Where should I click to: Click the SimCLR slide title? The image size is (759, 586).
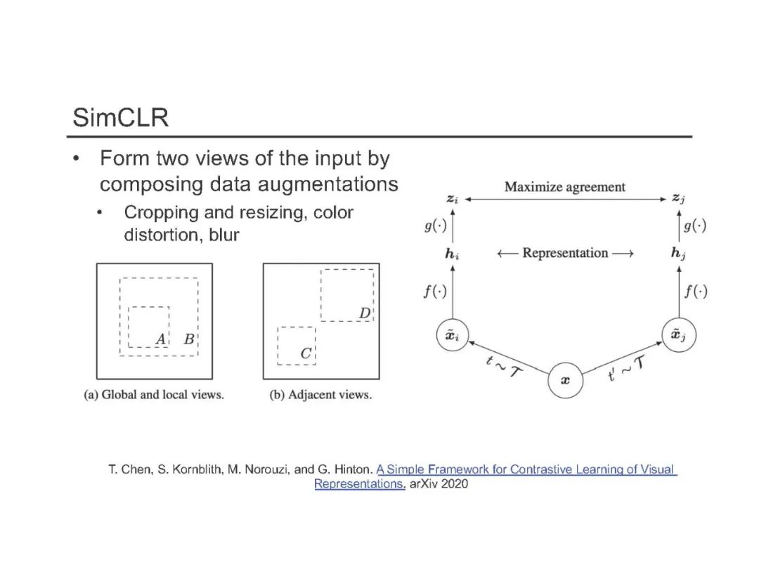(120, 117)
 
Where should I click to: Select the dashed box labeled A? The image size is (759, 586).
(148, 326)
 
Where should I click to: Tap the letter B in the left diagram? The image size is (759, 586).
(188, 339)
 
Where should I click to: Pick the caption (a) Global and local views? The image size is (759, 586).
(154, 395)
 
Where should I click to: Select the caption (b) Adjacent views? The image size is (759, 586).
(320, 395)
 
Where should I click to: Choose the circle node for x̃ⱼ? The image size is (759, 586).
(680, 335)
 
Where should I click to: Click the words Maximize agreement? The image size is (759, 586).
(565, 187)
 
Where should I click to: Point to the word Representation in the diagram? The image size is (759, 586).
(565, 253)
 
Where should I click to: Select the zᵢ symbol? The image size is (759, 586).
(453, 200)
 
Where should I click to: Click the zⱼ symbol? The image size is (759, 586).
(678, 200)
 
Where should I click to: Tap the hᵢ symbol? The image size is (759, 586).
(452, 254)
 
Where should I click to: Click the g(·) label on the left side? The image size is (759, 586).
(434, 226)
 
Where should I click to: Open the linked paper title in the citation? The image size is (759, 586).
(525, 469)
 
